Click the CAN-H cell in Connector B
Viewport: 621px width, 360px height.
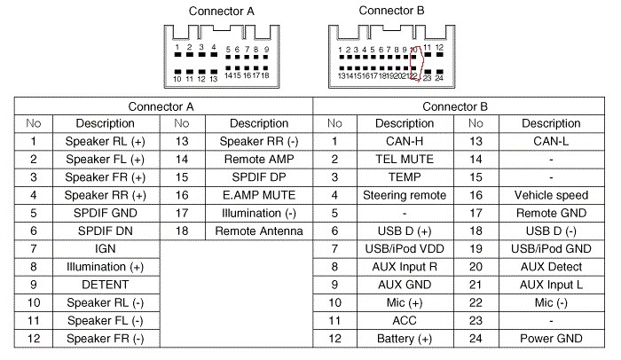405,141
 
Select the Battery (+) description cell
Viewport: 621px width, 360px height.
405,339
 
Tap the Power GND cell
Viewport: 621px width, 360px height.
551,339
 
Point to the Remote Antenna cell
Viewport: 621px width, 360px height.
259,231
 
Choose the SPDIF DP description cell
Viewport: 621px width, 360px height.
259,177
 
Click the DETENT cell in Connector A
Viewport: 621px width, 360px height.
106,285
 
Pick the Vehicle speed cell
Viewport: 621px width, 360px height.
551,195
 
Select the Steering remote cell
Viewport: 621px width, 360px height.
405,195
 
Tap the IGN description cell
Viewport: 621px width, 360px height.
106,248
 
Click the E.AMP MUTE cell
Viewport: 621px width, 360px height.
259,195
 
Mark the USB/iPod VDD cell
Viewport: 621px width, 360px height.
405,248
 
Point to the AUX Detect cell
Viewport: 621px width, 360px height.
551,267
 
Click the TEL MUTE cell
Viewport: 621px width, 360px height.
405,160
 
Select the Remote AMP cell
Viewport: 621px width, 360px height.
259,160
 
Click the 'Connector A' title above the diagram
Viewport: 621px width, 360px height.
222,12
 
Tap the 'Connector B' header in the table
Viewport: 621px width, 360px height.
455,106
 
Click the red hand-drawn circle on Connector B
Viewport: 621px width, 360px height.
422,63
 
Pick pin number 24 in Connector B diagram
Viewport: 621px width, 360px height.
439,78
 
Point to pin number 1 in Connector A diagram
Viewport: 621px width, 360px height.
177,47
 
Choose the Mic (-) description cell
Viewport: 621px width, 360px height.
551,303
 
